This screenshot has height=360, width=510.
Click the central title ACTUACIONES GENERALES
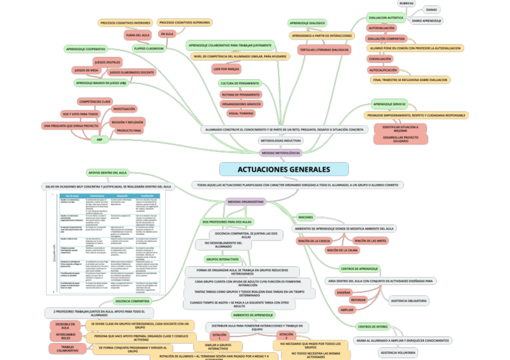pyautogui.click(x=283, y=169)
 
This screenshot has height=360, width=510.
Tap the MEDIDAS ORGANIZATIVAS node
pyautogui.click(x=245, y=202)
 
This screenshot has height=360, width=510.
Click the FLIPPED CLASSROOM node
pyautogui.click(x=149, y=49)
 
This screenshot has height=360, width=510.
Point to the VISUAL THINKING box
pyautogui.click(x=241, y=113)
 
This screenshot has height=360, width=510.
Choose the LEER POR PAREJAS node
pyautogui.click(x=226, y=69)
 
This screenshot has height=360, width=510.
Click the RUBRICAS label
pyautogui.click(x=407, y=4)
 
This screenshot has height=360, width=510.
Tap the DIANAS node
pyautogui.click(x=431, y=10)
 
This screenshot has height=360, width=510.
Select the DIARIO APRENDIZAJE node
pyautogui.click(x=428, y=21)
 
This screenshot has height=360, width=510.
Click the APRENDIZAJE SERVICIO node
pyautogui.click(x=389, y=104)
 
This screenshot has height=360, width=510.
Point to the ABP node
pyautogui.click(x=100, y=139)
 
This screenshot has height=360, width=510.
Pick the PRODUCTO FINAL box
pyautogui.click(x=129, y=130)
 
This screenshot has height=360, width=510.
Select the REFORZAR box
pyautogui.click(x=358, y=300)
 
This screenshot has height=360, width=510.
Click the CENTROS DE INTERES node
pyautogui.click(x=372, y=326)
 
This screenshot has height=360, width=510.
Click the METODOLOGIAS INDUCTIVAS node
pyautogui.click(x=280, y=141)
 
